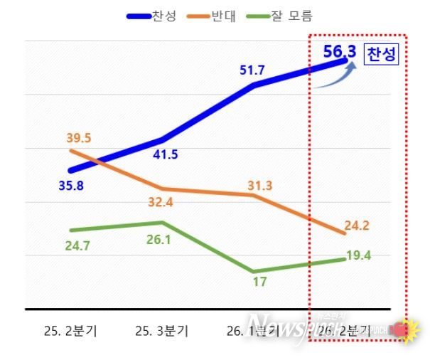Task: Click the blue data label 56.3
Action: [339, 53]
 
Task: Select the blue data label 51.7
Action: [254, 70]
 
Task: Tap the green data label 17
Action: [259, 282]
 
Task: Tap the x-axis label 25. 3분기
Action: [163, 331]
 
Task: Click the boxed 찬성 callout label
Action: [382, 55]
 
